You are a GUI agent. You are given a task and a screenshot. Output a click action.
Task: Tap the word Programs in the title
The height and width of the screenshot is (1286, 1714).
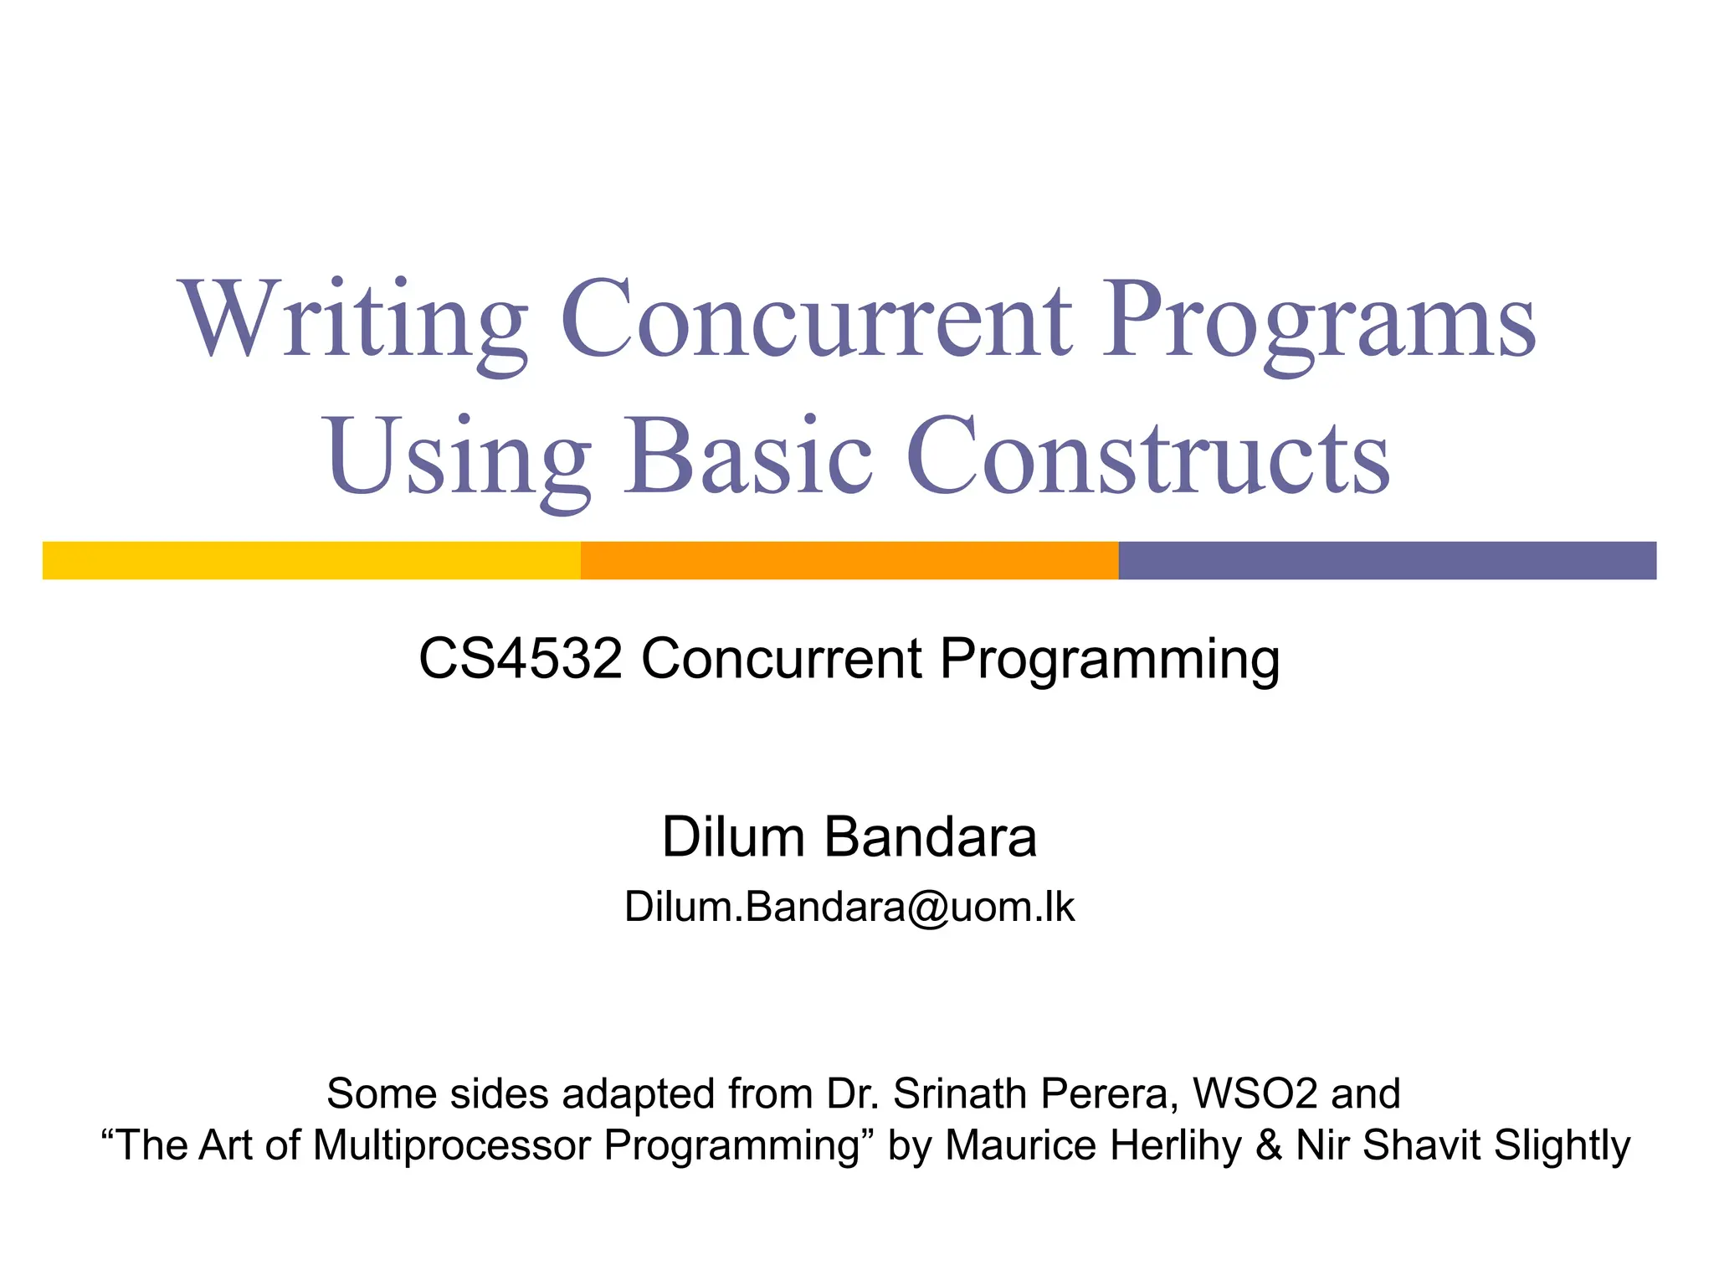[1318, 322]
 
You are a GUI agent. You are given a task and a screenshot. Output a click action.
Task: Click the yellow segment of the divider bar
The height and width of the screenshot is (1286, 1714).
[311, 560]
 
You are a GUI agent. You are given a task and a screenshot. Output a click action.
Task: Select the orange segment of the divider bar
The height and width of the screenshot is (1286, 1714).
[849, 560]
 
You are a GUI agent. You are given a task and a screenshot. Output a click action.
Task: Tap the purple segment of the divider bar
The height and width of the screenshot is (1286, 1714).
[1387, 560]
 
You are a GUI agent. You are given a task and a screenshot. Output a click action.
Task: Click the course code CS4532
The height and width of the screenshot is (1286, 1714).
[521, 659]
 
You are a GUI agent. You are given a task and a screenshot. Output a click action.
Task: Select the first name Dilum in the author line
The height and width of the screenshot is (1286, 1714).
[733, 836]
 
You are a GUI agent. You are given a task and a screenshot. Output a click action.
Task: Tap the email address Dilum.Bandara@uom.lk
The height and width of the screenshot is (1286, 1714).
[849, 907]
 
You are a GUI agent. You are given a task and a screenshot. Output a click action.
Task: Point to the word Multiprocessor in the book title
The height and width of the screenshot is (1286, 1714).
[452, 1145]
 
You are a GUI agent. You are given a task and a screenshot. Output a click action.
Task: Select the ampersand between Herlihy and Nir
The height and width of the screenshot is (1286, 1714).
[1269, 1145]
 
